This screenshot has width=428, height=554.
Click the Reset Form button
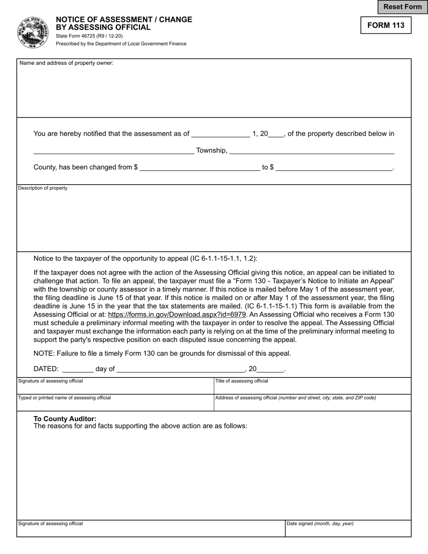click(402, 7)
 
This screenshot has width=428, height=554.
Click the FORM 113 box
click(386, 25)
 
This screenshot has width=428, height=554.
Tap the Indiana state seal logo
click(33, 32)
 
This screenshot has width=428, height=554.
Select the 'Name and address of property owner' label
click(66, 63)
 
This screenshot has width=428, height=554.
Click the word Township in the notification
click(211, 150)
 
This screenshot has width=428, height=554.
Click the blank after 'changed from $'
click(200, 167)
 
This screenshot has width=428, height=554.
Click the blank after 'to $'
click(334, 167)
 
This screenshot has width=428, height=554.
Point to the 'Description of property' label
click(43, 188)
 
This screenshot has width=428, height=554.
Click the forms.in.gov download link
click(177, 315)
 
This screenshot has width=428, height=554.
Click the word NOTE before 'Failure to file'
click(43, 354)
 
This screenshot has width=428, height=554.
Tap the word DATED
click(46, 369)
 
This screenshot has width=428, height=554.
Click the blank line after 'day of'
click(180, 369)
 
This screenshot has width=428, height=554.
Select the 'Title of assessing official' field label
click(241, 381)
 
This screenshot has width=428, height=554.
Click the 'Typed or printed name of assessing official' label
click(64, 398)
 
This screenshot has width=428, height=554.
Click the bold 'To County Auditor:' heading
click(65, 418)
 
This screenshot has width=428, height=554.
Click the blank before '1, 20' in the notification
click(220, 134)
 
